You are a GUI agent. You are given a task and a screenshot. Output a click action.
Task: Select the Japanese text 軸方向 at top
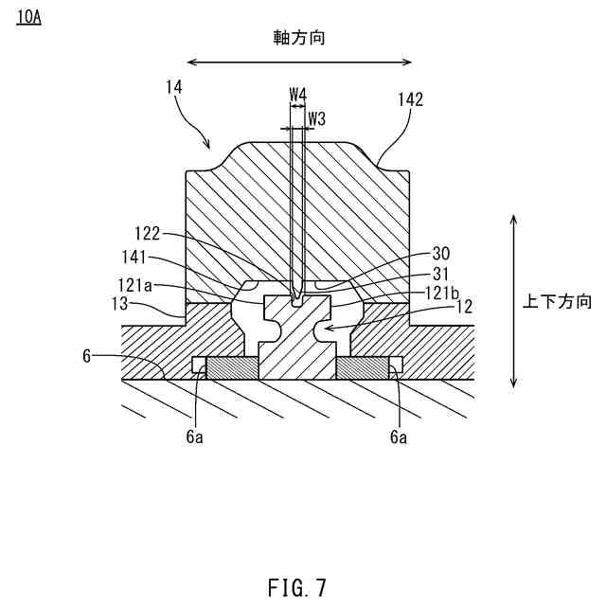tap(300, 37)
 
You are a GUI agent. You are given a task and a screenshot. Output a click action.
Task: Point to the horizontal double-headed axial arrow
tap(299, 62)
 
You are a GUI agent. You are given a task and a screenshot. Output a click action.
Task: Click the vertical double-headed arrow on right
tap(513, 300)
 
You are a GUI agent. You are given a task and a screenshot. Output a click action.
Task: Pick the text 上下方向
tap(558, 302)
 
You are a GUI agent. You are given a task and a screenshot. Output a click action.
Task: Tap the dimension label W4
tap(297, 95)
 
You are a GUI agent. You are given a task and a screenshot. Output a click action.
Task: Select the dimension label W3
tap(317, 119)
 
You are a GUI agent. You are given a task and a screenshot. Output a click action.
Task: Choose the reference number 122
tap(148, 233)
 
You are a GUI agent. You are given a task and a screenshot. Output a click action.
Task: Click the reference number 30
tap(440, 254)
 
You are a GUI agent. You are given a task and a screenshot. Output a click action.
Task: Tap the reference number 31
tap(440, 274)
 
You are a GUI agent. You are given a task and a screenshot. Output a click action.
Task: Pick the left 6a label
tap(194, 437)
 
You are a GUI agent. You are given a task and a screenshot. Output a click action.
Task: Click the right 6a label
tap(400, 437)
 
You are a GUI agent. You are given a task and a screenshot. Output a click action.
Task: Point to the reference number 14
tap(173, 87)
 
